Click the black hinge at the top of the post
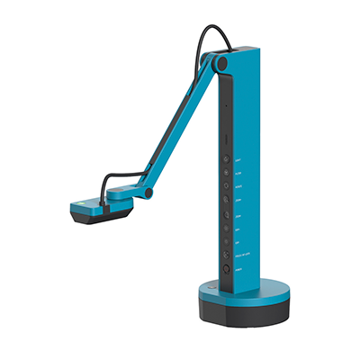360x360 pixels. click(x=220, y=64)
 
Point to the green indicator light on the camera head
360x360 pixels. click(x=83, y=202)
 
